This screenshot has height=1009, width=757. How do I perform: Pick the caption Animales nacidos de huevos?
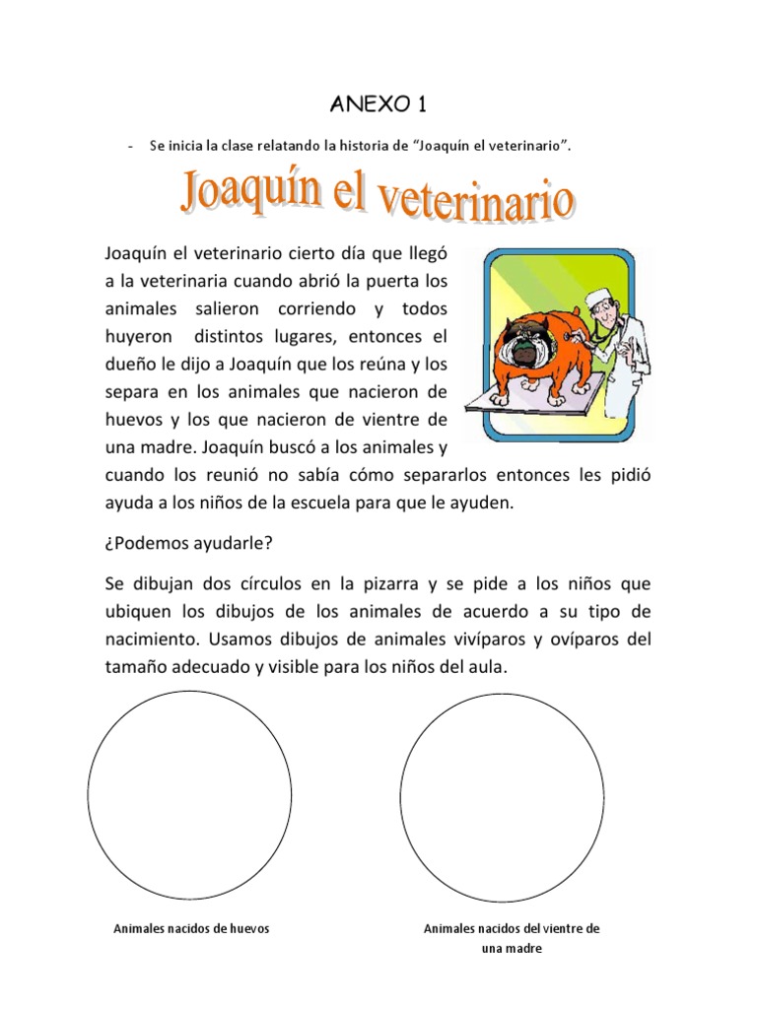point(191,928)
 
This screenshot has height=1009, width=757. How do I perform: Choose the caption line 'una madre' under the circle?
point(512,949)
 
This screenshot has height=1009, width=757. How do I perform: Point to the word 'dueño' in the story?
point(130,364)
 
